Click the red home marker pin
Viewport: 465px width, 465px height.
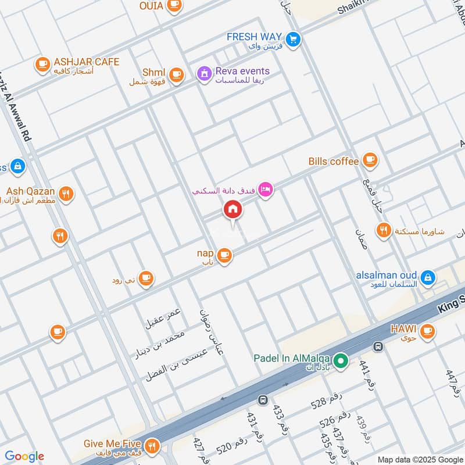[233, 210]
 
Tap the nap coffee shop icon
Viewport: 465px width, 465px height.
[224, 255]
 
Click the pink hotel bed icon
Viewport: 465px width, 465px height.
[265, 189]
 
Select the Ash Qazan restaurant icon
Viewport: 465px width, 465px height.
[66, 194]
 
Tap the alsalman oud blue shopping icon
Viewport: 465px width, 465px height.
[428, 278]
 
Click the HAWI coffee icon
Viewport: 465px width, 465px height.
[427, 331]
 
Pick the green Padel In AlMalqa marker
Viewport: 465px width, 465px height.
[342, 362]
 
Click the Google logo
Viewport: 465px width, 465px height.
[24, 456]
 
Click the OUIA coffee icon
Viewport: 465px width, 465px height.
[173, 5]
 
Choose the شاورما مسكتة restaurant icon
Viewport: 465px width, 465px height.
[382, 230]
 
